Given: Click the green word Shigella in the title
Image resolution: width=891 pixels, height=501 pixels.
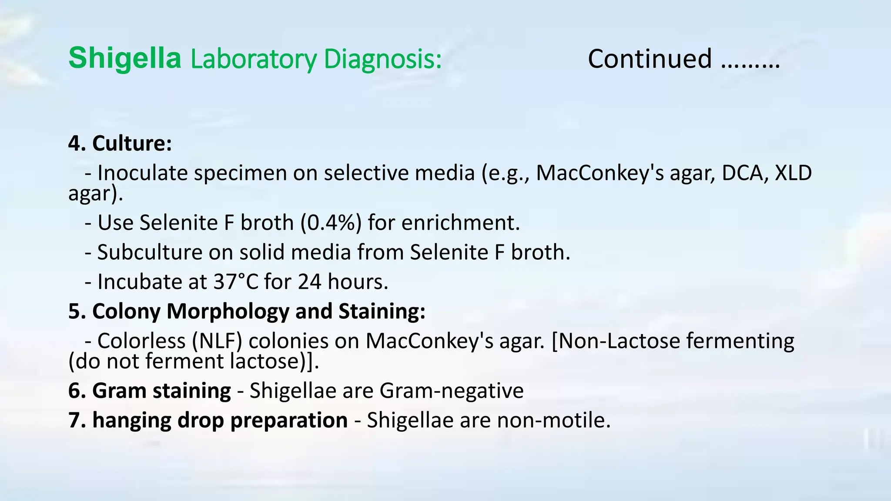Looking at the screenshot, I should [x=124, y=59].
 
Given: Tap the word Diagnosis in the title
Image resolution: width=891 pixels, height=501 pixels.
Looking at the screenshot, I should [x=383, y=60].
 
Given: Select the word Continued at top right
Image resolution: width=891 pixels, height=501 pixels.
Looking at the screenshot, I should [x=650, y=59].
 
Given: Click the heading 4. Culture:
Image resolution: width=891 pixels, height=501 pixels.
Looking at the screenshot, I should [x=120, y=143].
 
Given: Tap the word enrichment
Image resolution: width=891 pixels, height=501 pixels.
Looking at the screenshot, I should [x=460, y=223].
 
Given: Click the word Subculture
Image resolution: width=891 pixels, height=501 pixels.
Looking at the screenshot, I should [x=150, y=252].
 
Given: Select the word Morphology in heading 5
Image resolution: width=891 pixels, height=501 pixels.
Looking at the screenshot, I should [x=228, y=311].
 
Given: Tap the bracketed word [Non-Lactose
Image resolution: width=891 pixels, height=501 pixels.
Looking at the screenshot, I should [x=616, y=341].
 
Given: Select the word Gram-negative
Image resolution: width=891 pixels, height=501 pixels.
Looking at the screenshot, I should [x=452, y=391].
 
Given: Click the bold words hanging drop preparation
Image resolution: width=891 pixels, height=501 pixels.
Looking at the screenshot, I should [x=208, y=420].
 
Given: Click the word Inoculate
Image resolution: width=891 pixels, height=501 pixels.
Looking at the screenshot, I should [x=143, y=173].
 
